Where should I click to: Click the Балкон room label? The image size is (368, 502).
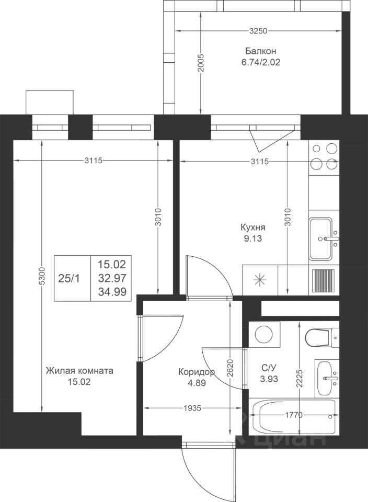260,51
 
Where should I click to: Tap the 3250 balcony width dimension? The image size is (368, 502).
258,31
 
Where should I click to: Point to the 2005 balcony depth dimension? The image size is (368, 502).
201,63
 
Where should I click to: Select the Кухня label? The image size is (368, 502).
253,227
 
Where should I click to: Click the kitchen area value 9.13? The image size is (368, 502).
253,238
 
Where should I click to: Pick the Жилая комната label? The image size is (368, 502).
79,371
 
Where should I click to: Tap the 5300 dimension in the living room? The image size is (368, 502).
42,276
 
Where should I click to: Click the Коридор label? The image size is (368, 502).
196,372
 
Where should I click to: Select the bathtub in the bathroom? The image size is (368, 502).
294,417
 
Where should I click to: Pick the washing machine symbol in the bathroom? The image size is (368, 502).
264,335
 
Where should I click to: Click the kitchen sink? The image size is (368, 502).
324,239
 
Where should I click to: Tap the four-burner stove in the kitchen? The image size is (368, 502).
324,157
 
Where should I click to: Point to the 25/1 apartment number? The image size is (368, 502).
69,279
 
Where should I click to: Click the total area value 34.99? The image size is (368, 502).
112,292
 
